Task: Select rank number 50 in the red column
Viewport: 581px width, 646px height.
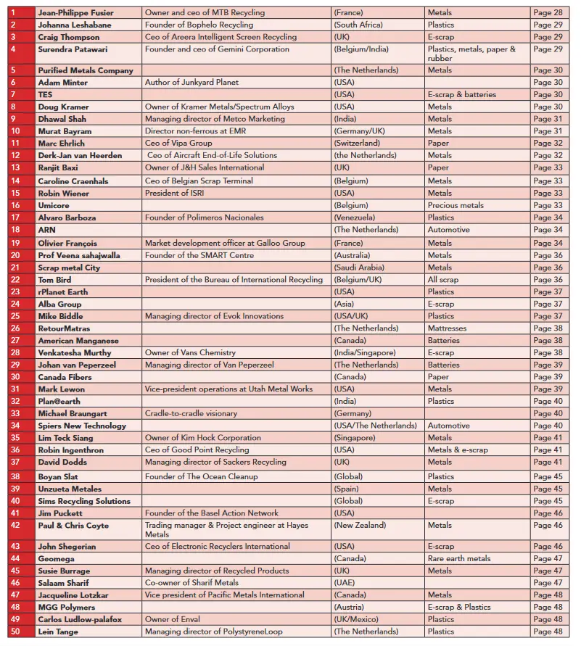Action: [14, 631]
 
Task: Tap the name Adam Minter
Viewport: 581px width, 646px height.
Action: [63, 83]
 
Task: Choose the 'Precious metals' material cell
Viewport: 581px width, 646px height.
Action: [456, 205]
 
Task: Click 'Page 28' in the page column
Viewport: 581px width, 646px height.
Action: [548, 13]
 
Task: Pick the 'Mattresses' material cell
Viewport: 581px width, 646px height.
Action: [447, 328]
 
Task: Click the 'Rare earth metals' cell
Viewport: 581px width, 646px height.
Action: [458, 559]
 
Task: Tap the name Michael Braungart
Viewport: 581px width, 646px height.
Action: [76, 413]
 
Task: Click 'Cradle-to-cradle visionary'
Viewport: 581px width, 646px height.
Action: [191, 413]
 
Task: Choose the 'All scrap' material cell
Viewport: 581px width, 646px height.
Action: [442, 280]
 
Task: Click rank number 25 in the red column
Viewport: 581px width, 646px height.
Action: [14, 316]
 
